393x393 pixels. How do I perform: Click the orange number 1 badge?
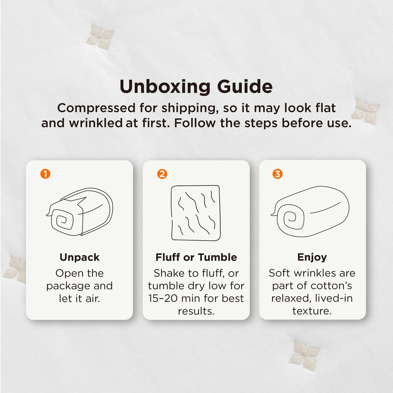45,174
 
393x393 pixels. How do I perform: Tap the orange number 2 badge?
162,174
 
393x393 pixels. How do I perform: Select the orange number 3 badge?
277,174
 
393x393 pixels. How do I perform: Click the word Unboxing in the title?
165,87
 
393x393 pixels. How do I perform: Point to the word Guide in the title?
245,86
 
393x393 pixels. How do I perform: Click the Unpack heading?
79,258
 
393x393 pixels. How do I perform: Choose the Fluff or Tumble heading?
196,257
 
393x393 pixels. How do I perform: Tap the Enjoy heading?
312,258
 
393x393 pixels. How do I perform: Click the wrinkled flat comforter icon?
196,213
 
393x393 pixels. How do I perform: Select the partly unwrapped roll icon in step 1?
79,212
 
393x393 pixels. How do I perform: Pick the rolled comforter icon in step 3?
310,211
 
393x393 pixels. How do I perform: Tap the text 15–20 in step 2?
163,298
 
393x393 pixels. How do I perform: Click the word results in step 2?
196,311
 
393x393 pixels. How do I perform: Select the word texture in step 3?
312,311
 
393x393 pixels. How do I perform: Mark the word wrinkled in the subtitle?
96,123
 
